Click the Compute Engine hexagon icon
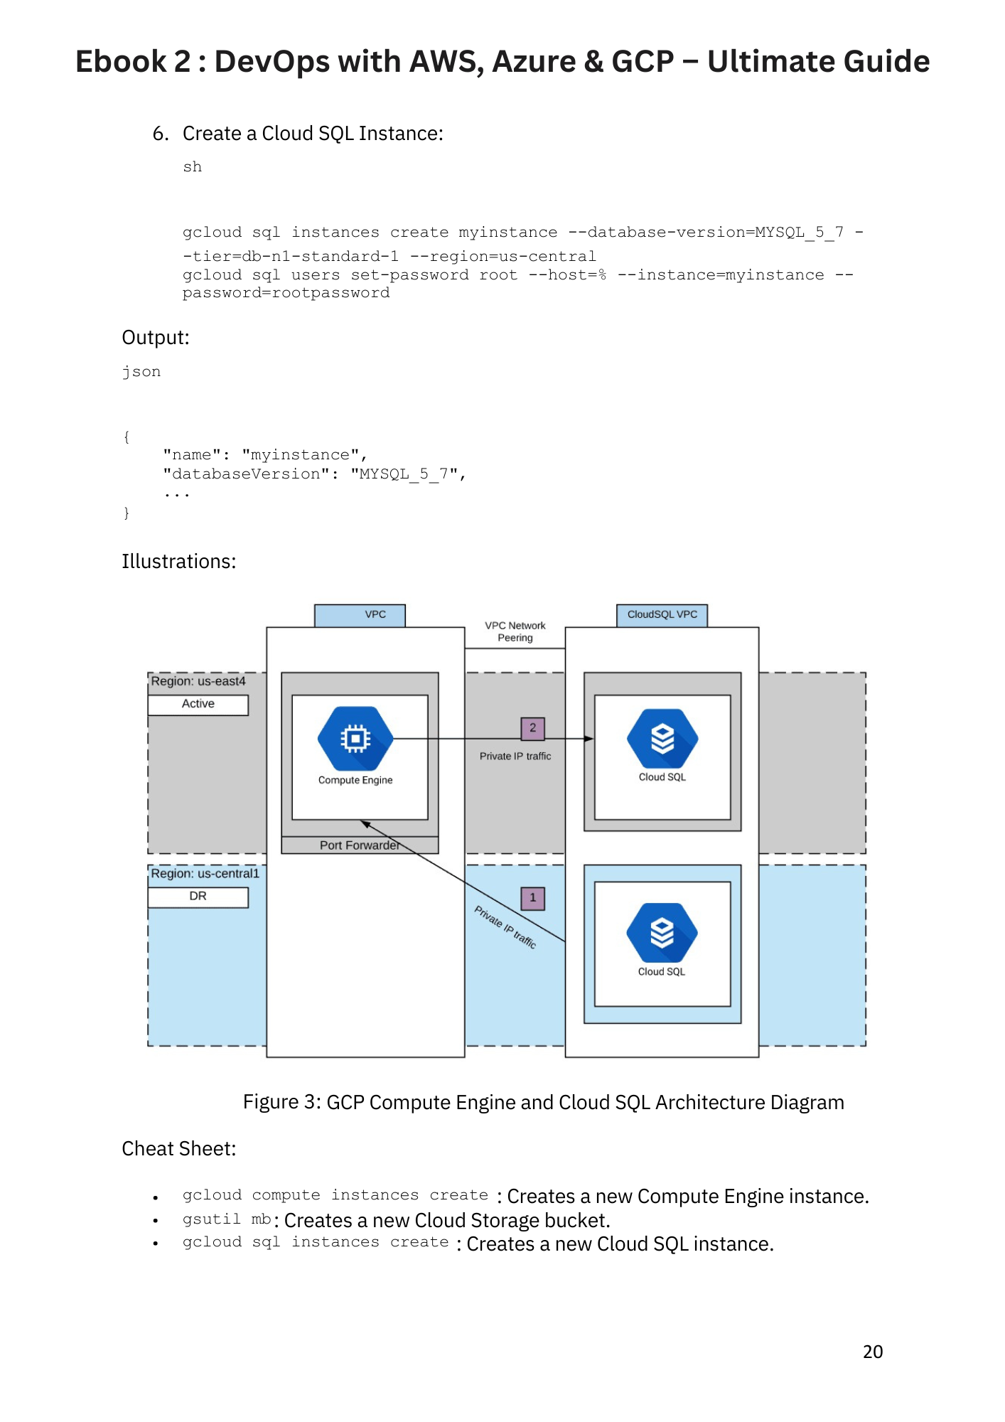pyautogui.click(x=355, y=739)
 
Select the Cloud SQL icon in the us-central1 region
pyautogui.click(x=662, y=933)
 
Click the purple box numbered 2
pyautogui.click(x=532, y=728)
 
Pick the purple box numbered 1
pyautogui.click(x=532, y=898)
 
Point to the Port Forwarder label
pyautogui.click(x=359, y=845)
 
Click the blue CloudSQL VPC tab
pyautogui.click(x=662, y=615)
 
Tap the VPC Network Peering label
pyautogui.click(x=515, y=631)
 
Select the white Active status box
pyautogui.click(x=198, y=705)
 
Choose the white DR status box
pyautogui.click(x=198, y=897)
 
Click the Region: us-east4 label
pyautogui.click(x=198, y=681)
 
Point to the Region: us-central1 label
pyautogui.click(x=205, y=874)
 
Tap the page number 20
pyautogui.click(x=873, y=1352)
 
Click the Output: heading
pyautogui.click(x=156, y=338)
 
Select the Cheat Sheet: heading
pyautogui.click(x=178, y=1149)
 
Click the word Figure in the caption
pyautogui.click(x=271, y=1102)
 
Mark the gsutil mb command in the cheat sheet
pyautogui.click(x=227, y=1219)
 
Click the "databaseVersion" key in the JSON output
pyautogui.click(x=246, y=474)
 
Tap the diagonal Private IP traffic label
pyautogui.click(x=505, y=927)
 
